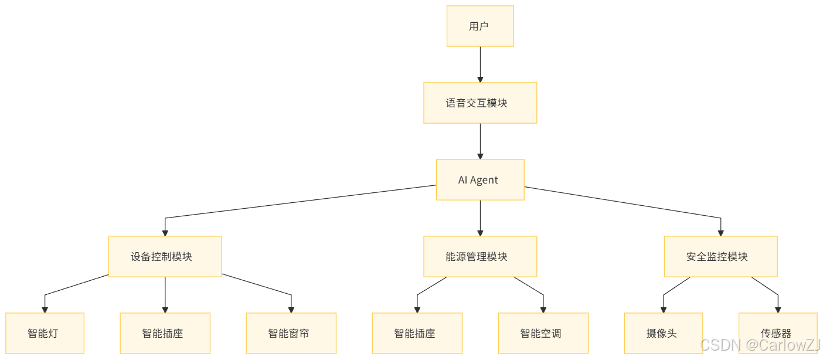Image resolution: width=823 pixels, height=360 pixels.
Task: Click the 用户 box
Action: point(480,26)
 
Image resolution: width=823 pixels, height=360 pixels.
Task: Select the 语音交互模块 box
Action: point(480,103)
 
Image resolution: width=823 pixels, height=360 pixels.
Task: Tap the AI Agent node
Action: point(480,180)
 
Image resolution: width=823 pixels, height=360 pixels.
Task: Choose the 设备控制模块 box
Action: point(165,257)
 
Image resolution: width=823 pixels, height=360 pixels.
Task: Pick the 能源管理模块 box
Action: point(480,257)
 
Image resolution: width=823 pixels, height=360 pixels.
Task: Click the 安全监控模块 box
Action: point(720,257)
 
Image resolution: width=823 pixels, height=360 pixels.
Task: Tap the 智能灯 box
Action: point(45,334)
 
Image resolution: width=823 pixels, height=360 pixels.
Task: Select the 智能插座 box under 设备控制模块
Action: point(165,334)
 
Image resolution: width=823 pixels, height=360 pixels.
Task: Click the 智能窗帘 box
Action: point(291,334)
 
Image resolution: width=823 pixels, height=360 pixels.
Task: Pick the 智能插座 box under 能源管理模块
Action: point(417,334)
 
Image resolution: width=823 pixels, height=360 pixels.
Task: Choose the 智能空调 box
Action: point(543,334)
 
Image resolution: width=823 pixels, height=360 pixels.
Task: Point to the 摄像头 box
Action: point(663,334)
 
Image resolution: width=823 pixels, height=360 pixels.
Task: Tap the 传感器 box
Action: point(778,334)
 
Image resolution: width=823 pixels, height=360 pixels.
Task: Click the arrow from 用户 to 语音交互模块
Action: point(480,64)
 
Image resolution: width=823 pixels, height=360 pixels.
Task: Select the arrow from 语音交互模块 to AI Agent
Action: point(480,141)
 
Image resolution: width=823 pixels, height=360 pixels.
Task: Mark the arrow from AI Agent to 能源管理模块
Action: point(480,218)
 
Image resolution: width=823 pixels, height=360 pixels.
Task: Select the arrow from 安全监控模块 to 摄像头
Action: point(674,287)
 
